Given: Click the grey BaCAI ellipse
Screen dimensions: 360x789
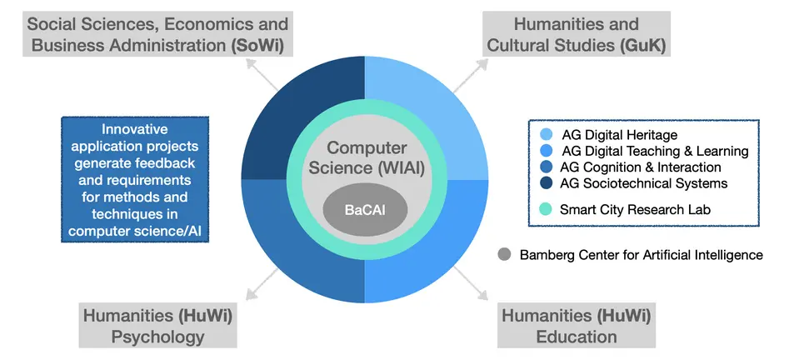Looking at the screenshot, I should (x=368, y=208).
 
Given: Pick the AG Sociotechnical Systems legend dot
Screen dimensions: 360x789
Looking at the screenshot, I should (x=546, y=183).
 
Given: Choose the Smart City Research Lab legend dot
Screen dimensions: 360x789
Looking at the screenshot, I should (x=546, y=209).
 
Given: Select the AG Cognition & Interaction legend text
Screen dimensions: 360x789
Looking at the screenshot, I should (x=641, y=167).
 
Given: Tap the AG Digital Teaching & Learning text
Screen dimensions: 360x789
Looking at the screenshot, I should (x=655, y=152).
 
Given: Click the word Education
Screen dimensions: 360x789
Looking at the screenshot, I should (x=577, y=337).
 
